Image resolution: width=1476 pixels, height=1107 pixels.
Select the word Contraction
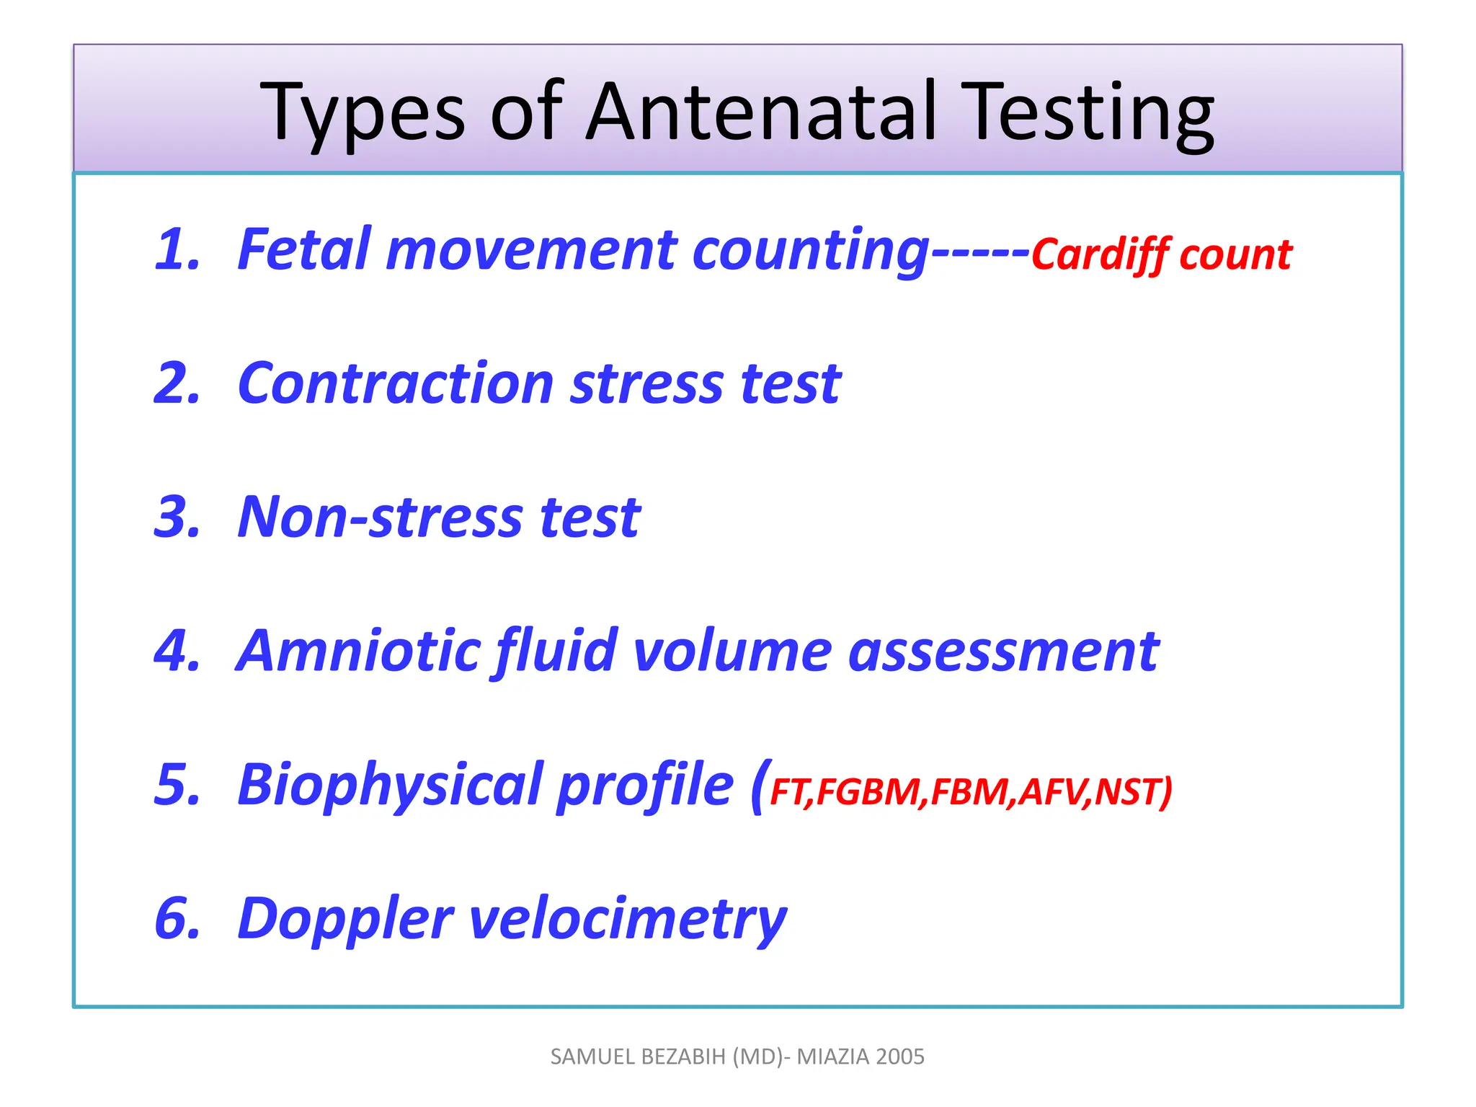[x=395, y=383]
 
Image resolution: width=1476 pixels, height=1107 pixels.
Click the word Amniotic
[x=357, y=651]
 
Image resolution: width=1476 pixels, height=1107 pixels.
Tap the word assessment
[x=1003, y=651]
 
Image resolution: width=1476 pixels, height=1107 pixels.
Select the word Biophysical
[x=388, y=786]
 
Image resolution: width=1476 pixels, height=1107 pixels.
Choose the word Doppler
[x=345, y=920]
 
